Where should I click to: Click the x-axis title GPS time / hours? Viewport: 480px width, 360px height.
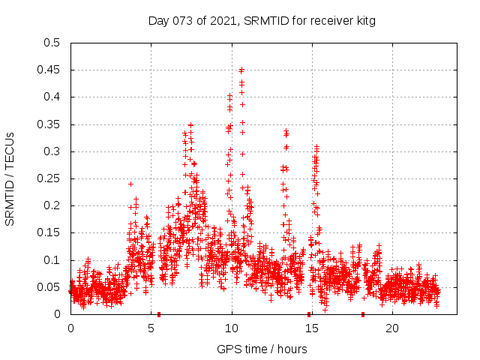262,349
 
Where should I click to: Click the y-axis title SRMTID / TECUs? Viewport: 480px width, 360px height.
10,178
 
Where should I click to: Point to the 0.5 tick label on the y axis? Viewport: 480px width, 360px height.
52,43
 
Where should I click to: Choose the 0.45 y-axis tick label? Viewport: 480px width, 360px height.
49,70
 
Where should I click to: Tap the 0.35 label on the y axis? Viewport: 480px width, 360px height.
49,124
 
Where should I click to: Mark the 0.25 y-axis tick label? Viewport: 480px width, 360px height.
49,178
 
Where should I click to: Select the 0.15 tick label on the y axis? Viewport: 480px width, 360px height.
49,232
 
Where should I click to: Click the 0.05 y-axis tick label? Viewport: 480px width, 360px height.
49,287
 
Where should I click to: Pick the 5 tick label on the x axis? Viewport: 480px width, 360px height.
151,328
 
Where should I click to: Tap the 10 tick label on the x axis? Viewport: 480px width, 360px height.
232,328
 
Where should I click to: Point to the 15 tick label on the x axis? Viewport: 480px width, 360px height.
312,328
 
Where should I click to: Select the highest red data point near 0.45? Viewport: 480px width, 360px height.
241,70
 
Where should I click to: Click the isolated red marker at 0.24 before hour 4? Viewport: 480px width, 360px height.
130,184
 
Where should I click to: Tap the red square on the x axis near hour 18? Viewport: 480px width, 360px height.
363,314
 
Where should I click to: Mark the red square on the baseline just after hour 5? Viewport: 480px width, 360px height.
159,314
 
